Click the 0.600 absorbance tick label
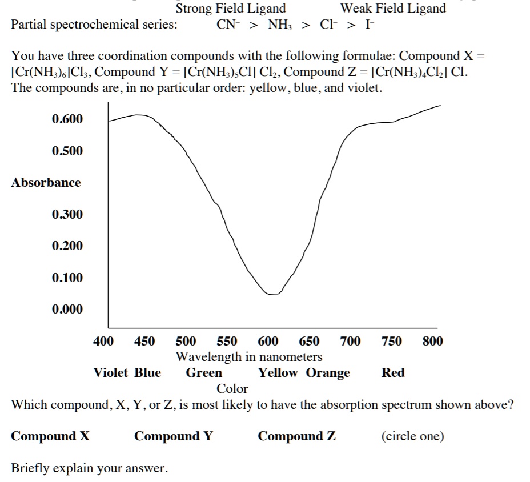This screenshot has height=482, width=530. point(67,119)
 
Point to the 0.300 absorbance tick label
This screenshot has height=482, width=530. point(67,214)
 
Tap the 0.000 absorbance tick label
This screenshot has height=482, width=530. point(67,309)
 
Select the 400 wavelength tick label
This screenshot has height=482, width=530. point(103,342)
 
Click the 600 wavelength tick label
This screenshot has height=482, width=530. point(268,342)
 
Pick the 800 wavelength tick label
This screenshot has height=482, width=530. point(432,342)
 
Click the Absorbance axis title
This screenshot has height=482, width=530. point(46,183)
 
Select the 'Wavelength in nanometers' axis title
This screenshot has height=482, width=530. point(248,357)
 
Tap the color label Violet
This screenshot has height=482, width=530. point(111,373)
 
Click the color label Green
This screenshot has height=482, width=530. point(204,373)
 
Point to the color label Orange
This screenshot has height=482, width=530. point(328,373)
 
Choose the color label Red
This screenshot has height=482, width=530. point(393,373)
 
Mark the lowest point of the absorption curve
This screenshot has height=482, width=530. point(273,294)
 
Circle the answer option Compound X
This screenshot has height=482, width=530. point(50,436)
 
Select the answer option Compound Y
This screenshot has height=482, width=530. point(173,436)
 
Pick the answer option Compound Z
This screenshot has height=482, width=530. point(296,436)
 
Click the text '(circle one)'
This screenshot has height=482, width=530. point(412,436)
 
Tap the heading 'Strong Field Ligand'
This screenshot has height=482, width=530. point(231,9)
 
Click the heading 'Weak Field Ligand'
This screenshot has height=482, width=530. point(393,9)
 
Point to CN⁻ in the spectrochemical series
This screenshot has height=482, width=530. point(227,25)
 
